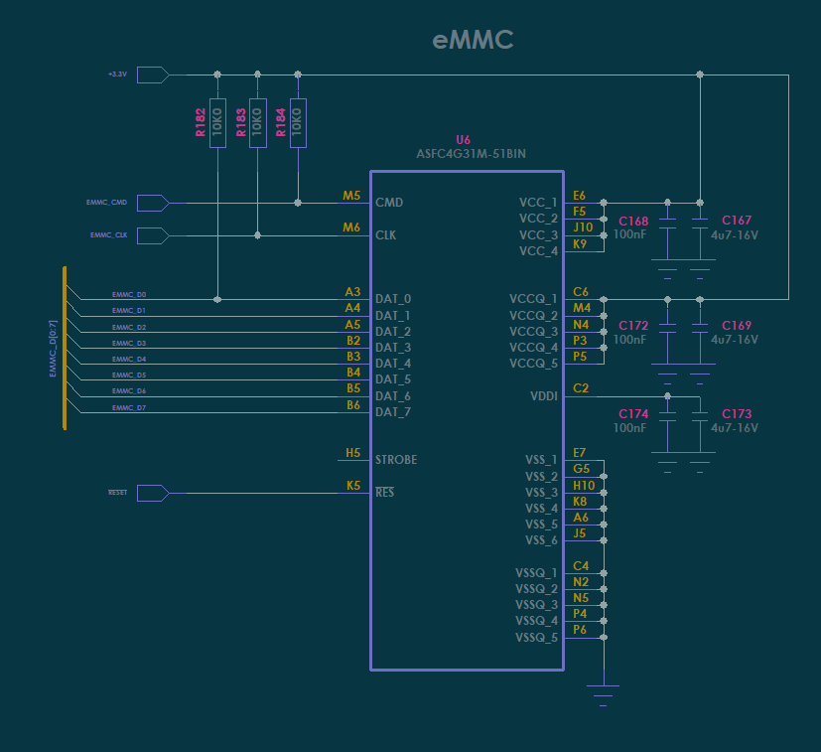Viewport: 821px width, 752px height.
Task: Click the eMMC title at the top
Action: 473,41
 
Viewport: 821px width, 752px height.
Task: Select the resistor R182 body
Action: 217,122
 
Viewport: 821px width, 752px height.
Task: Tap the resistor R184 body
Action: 298,122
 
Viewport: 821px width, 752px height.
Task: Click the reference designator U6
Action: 463,140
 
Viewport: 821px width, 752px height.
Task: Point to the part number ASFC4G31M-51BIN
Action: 471,154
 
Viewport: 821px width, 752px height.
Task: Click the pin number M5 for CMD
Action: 351,196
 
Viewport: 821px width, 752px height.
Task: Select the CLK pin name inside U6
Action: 386,235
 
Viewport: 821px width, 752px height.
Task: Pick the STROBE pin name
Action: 396,460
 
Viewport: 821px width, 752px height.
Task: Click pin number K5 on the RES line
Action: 352,486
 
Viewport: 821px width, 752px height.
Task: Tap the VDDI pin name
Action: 544,395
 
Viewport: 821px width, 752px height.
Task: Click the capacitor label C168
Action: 632,221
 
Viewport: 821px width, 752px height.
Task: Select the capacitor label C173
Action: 737,413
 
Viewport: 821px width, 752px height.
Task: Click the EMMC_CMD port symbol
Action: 152,203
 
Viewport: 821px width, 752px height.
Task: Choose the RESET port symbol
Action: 152,493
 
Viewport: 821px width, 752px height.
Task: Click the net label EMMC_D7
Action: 129,407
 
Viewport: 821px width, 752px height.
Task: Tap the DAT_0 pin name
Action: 393,299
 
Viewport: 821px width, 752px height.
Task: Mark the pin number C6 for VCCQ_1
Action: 581,292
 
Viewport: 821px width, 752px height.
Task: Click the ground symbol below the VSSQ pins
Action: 603,689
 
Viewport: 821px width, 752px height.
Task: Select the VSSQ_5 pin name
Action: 536,637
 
